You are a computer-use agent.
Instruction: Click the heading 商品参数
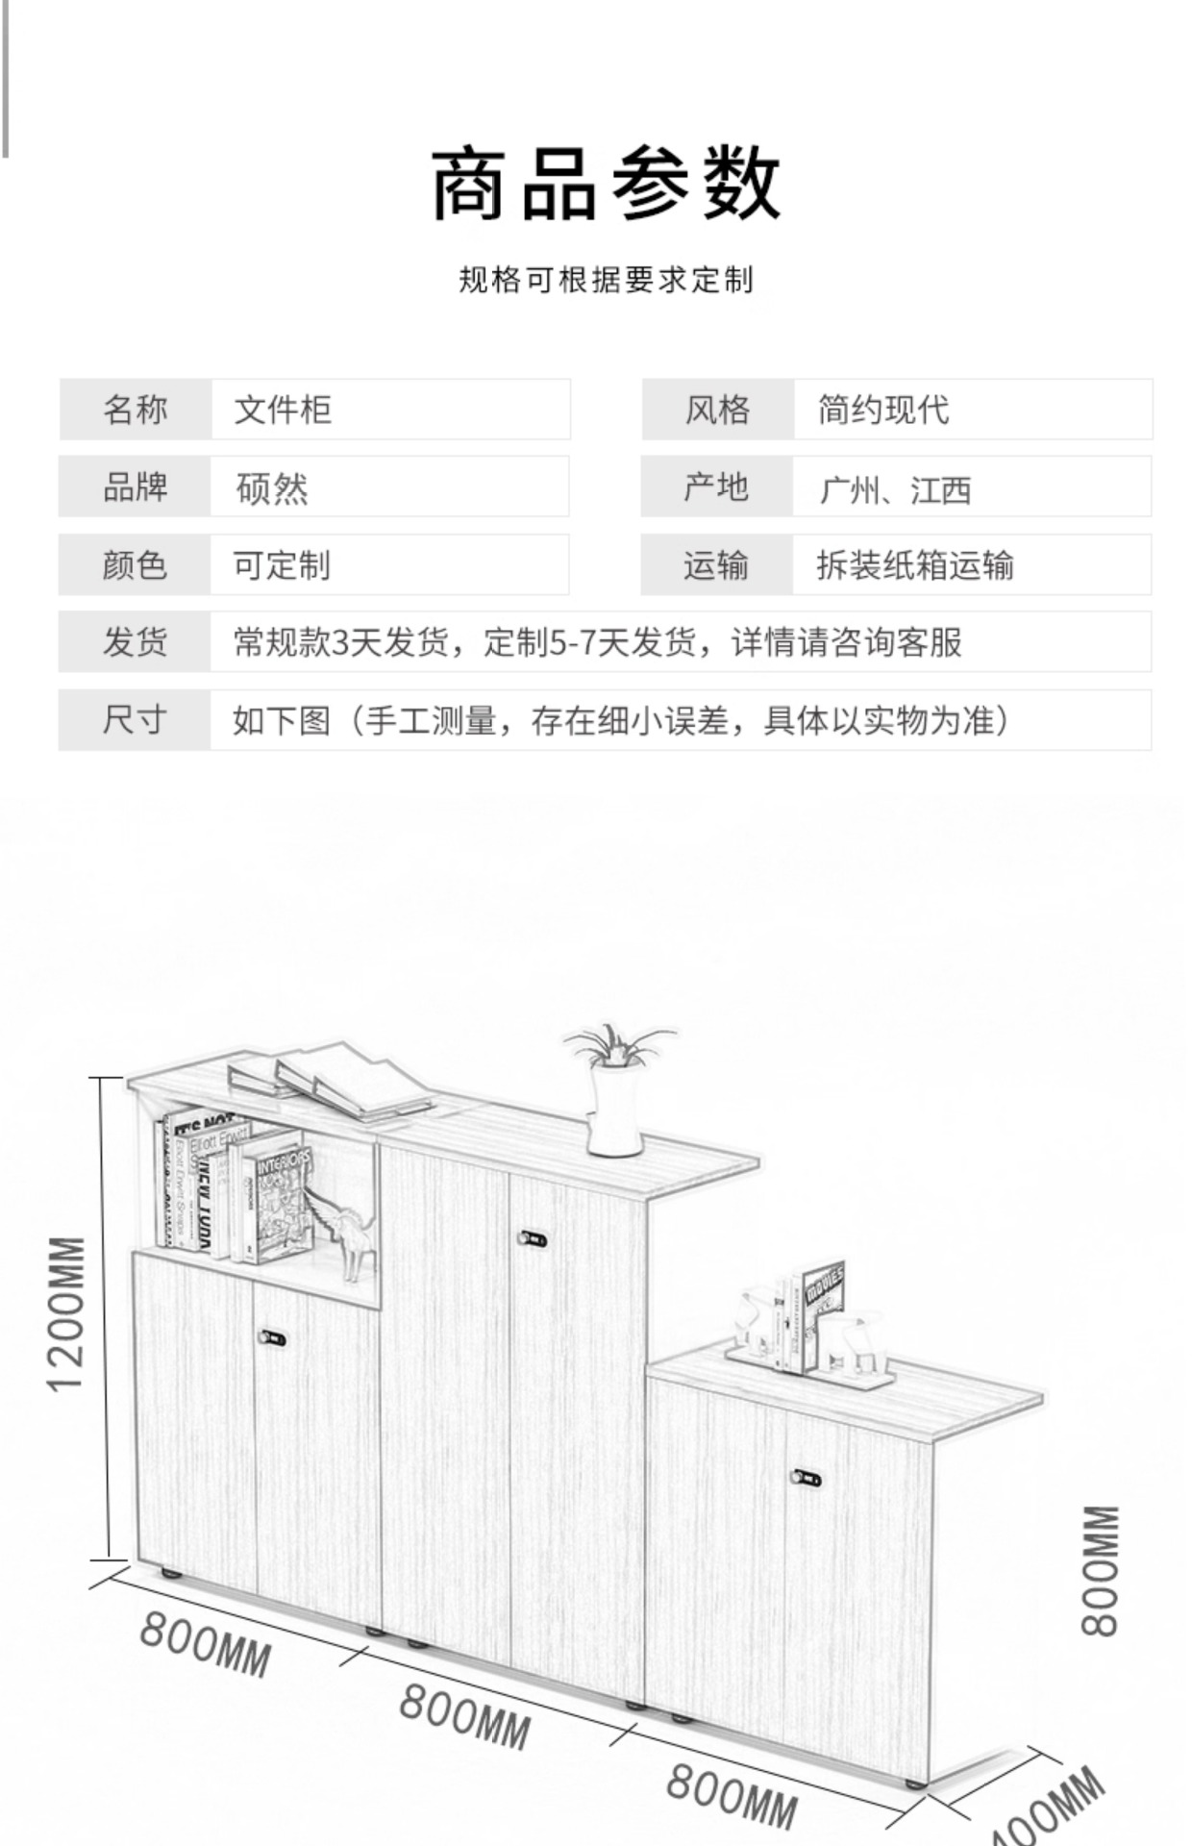point(605,183)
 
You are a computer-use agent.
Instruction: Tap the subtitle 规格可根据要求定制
point(605,280)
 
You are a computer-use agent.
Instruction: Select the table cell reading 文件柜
point(283,410)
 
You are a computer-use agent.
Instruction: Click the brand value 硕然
point(272,488)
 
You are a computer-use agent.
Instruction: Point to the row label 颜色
point(135,565)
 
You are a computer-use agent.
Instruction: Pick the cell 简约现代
point(882,410)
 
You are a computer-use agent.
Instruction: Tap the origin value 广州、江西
point(894,489)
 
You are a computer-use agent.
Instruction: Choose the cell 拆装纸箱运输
point(914,565)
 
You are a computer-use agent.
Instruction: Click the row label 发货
point(135,641)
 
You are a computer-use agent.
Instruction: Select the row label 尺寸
point(135,719)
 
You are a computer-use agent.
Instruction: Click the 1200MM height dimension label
point(67,1313)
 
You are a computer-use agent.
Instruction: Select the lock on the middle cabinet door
point(533,1238)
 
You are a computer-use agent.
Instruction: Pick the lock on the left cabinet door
point(273,1337)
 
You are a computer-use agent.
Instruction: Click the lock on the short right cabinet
point(807,1477)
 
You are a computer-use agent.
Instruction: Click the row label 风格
point(717,410)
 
